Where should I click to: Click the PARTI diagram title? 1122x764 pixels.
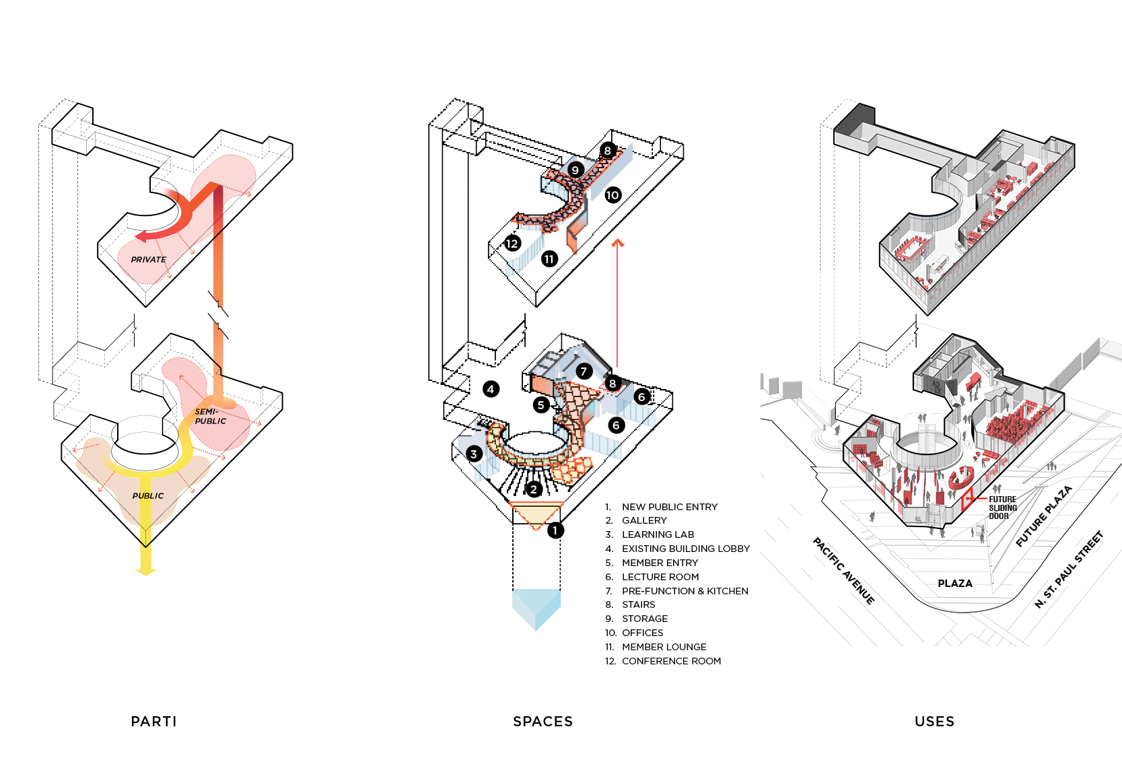(153, 722)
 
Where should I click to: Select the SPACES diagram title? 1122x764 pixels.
(543, 722)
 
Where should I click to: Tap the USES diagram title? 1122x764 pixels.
(935, 722)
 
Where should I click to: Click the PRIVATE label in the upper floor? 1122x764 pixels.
(148, 260)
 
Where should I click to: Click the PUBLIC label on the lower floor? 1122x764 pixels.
(148, 495)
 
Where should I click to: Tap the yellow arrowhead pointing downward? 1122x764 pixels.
(146, 571)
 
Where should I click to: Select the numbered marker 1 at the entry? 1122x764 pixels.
(555, 530)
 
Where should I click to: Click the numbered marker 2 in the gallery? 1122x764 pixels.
(534, 489)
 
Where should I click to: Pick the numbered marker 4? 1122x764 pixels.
(491, 389)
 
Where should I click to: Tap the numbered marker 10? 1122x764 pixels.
(612, 195)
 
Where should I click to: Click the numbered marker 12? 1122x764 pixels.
(512, 244)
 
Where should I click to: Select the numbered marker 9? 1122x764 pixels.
(575, 170)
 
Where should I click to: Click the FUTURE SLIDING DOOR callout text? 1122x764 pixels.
(1003, 508)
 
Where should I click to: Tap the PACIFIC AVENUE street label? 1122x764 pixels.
(844, 571)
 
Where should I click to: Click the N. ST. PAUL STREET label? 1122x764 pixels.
(1069, 569)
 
